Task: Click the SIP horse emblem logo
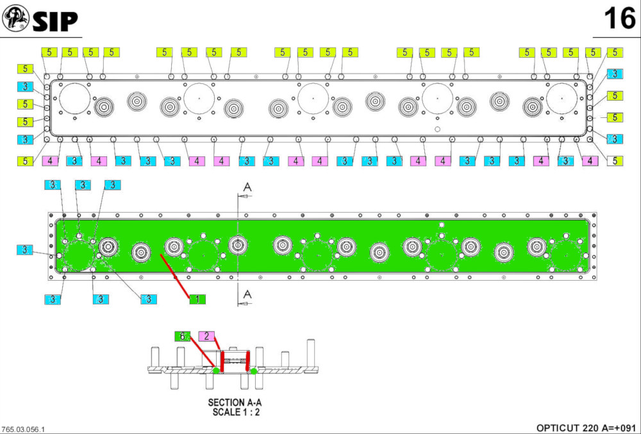15,20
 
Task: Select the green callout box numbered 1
197,298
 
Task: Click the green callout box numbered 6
183,336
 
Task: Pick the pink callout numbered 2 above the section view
206,336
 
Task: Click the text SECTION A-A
235,403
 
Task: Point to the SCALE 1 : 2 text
235,412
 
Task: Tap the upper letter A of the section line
247,187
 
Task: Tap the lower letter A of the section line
247,294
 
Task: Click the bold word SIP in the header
55,21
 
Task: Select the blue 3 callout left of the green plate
24,249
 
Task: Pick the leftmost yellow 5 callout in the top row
49,53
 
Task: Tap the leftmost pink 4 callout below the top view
51,160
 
